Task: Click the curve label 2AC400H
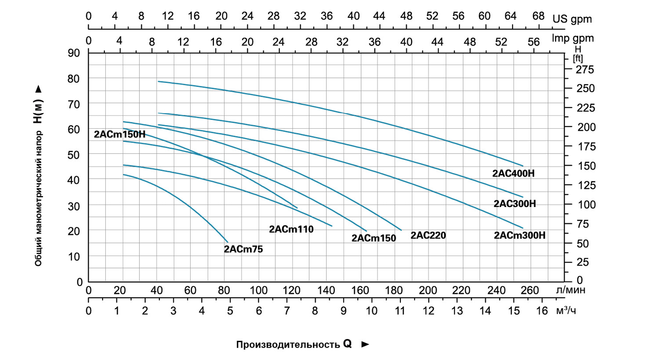coord(514,174)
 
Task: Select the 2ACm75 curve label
coord(243,249)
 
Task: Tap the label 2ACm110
coord(291,229)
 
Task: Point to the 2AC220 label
coord(428,235)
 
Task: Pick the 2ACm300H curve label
coord(520,235)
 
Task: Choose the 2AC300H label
coord(514,204)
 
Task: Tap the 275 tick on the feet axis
coord(584,70)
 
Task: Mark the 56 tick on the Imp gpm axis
coord(534,42)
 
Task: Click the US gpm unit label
coord(572,19)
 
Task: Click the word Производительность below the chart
coord(287,344)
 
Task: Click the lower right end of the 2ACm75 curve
coord(227,241)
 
